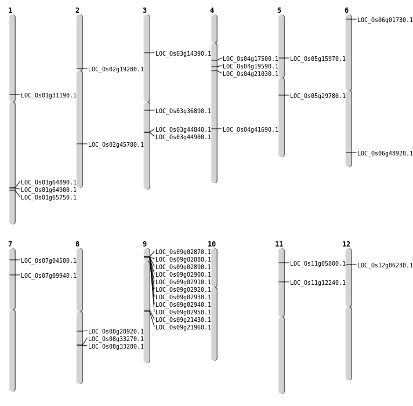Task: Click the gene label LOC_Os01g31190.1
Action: pyautogui.click(x=49, y=96)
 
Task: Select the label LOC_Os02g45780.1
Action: pyautogui.click(x=116, y=145)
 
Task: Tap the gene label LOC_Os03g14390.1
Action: pyautogui.click(x=183, y=54)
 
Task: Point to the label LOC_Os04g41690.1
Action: pyautogui.click(x=251, y=130)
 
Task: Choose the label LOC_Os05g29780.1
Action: pyautogui.click(x=318, y=96)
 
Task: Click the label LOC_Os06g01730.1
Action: pyautogui.click(x=385, y=20)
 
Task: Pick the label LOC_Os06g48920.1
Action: pyautogui.click(x=385, y=154)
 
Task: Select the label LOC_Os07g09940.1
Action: pyautogui.click(x=49, y=276)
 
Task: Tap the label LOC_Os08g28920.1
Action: pyautogui.click(x=116, y=332)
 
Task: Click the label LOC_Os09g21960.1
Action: pyautogui.click(x=183, y=328)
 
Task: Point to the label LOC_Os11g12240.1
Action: pyautogui.click(x=318, y=283)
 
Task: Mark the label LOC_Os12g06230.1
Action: pyautogui.click(x=385, y=266)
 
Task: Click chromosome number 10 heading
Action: pyautogui.click(x=212, y=244)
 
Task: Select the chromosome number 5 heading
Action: pyautogui.click(x=279, y=10)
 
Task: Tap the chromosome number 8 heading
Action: pyautogui.click(x=77, y=244)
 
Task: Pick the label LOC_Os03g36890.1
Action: pyautogui.click(x=183, y=111)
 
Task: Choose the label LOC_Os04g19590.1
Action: pyautogui.click(x=251, y=67)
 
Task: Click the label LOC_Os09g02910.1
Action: pyautogui.click(x=183, y=282)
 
